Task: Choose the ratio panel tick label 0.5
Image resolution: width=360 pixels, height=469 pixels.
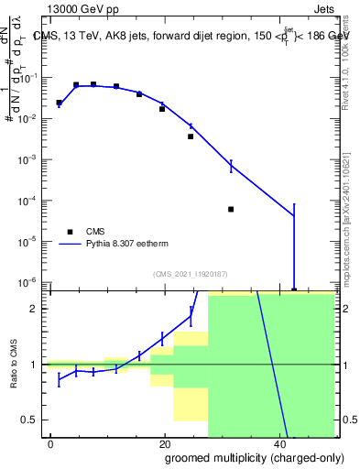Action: [34, 420]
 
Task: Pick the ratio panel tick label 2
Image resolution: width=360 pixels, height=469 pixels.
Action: [38, 309]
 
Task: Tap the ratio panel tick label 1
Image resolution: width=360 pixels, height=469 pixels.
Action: [38, 365]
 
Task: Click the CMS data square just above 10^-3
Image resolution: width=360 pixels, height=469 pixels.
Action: [191, 136]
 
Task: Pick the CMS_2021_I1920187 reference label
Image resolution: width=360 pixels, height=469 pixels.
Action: [190, 273]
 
